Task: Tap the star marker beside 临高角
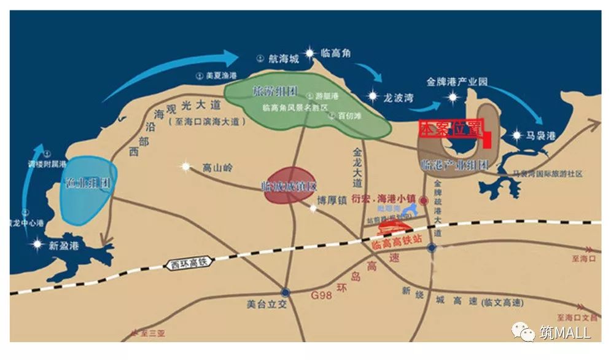(x=310, y=53)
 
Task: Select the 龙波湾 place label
(x=399, y=97)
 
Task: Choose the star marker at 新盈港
(x=37, y=245)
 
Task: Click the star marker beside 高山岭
(x=186, y=166)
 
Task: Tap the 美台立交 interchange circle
(x=285, y=292)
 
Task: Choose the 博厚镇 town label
(x=332, y=200)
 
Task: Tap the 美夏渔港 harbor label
(x=220, y=76)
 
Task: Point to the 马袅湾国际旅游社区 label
(x=548, y=174)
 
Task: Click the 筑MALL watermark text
(x=565, y=333)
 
